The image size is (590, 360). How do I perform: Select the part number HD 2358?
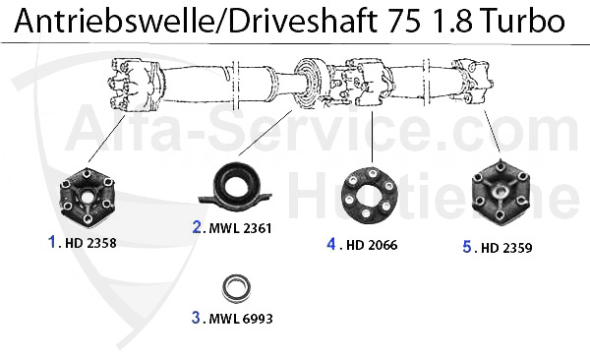[90, 243]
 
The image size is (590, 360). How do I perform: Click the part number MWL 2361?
[240, 228]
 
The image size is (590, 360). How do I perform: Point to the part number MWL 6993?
[241, 319]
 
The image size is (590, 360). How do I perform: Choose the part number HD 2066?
[372, 245]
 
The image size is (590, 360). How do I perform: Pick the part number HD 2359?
[506, 248]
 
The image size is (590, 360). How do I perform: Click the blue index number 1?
[52, 242]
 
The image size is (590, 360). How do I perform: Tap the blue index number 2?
[197, 227]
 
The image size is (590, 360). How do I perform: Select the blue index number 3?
[196, 318]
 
